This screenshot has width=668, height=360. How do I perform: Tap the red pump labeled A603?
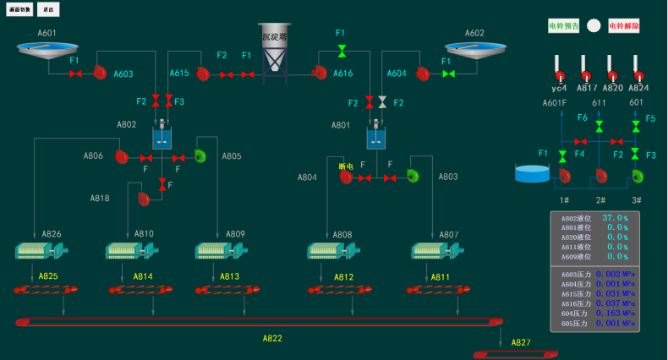click(99, 73)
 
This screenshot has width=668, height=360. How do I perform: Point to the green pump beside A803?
click(413, 176)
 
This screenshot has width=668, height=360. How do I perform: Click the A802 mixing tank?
click(162, 137)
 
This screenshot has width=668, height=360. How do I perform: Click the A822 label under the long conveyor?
click(271, 338)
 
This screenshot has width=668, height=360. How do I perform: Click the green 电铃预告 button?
click(564, 26)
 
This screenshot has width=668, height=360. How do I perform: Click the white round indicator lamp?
click(594, 26)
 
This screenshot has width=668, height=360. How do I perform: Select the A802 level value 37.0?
click(613, 218)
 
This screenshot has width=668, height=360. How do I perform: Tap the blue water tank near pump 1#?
click(532, 173)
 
